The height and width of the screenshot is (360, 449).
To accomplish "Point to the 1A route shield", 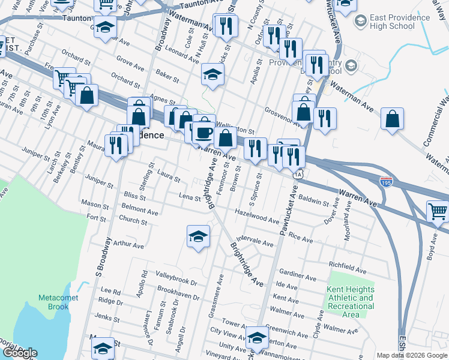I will pos(298,175).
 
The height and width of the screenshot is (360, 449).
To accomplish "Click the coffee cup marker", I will pos(204,133).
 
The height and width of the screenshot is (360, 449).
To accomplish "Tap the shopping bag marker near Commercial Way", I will pos(392,119).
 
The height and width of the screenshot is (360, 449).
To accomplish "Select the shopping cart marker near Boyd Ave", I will pos(438,211).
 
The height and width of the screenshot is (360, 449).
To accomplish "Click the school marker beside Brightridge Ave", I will pos(198,236).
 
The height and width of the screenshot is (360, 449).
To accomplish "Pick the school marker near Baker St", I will pos(212,74).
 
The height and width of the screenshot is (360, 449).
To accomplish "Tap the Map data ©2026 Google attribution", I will pos(412,355).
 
